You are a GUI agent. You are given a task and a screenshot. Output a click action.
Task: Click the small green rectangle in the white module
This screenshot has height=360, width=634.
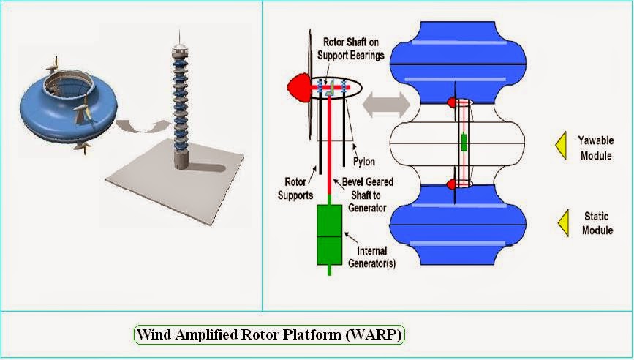tap(463, 142)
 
